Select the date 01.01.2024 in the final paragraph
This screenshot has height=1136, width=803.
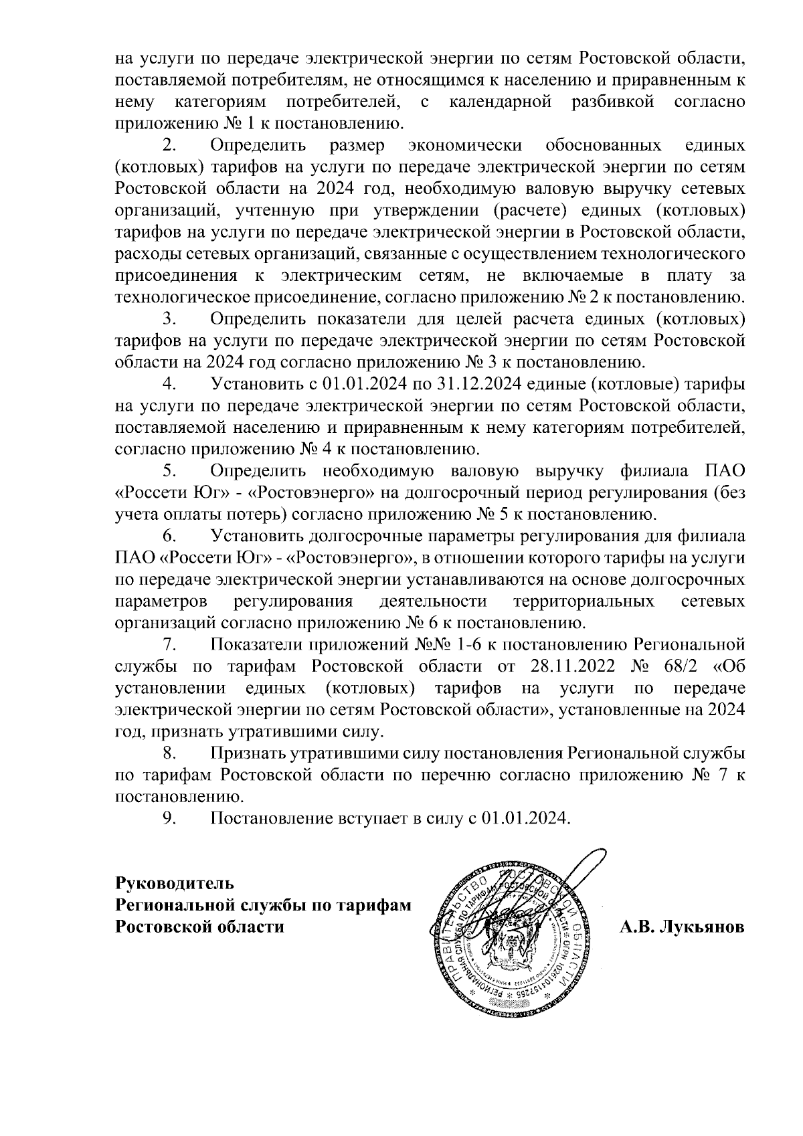(x=525, y=818)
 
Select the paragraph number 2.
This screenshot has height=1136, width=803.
(x=169, y=145)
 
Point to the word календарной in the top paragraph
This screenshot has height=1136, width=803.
(x=501, y=102)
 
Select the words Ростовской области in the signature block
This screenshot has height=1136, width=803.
(x=199, y=927)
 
